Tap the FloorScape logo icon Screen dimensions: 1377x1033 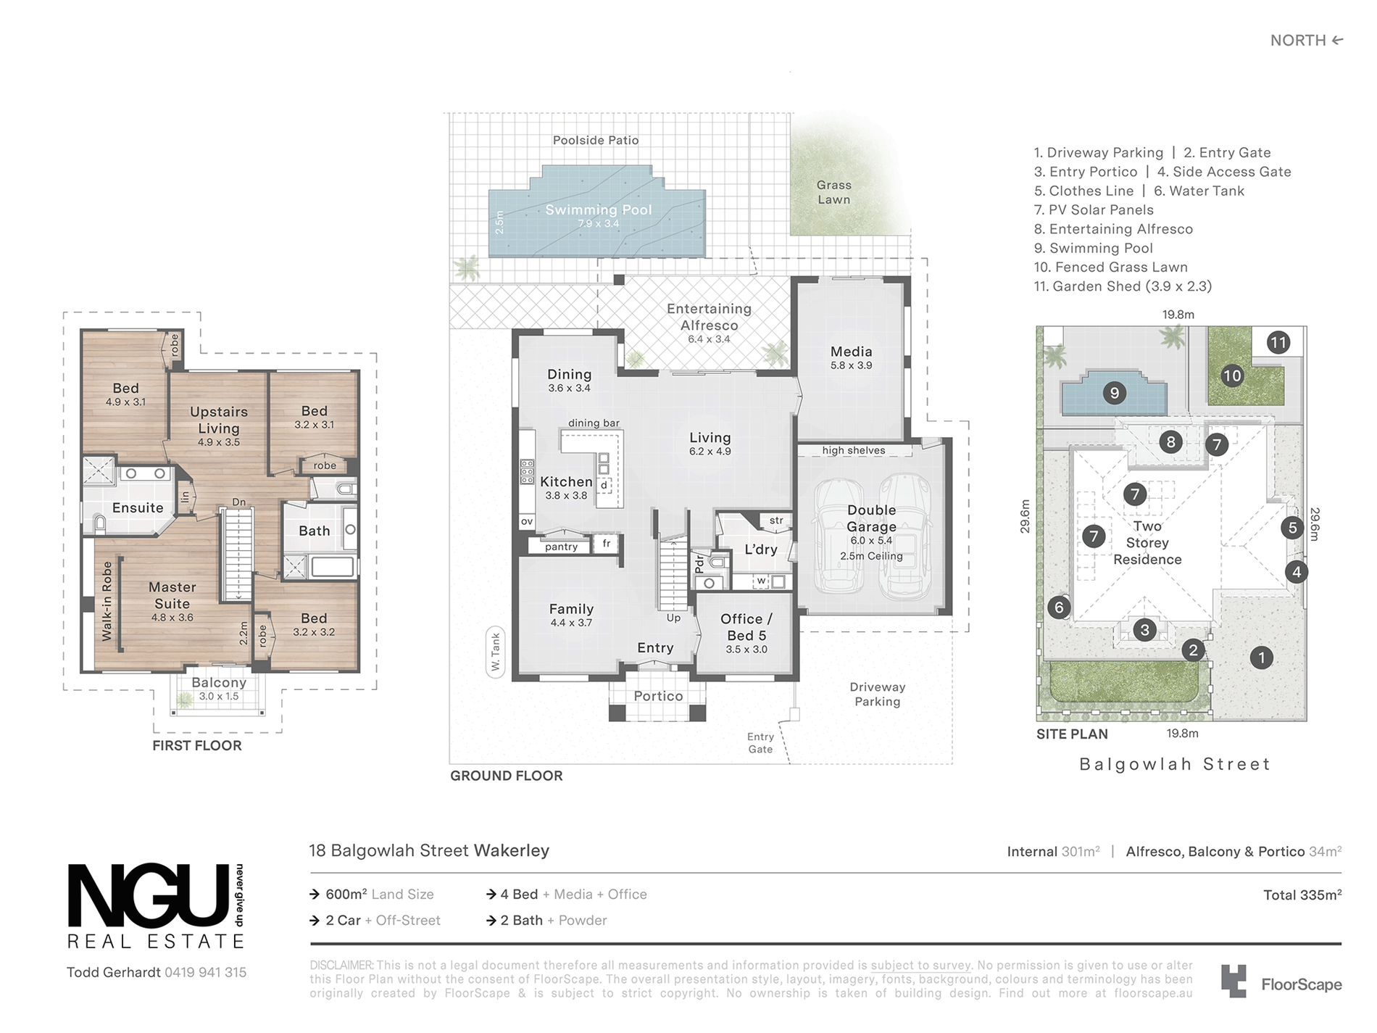pos(1234,981)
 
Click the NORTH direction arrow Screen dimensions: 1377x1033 pos(1337,41)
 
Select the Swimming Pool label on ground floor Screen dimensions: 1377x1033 pos(599,210)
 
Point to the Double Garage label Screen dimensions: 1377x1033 pos(871,518)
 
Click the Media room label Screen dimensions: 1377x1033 pos(852,352)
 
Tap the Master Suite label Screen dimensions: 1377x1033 pos(172,595)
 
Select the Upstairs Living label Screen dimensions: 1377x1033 pos(219,420)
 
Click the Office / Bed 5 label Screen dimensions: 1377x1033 pos(746,627)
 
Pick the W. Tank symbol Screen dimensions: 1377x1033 pos(496,652)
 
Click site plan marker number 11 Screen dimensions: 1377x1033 pos(1278,343)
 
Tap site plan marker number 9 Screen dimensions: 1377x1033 pos(1115,394)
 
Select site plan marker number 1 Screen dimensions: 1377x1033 pos(1262,657)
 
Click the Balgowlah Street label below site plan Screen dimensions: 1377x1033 pos(1175,764)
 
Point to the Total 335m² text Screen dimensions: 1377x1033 pos(1302,895)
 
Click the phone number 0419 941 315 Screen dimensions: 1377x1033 pos(206,972)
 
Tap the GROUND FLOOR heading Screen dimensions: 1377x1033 pos(507,776)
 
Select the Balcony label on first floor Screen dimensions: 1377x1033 pos(219,683)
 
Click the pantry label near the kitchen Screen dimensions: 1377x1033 pos(562,547)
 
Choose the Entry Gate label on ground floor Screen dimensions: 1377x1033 pos(760,743)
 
